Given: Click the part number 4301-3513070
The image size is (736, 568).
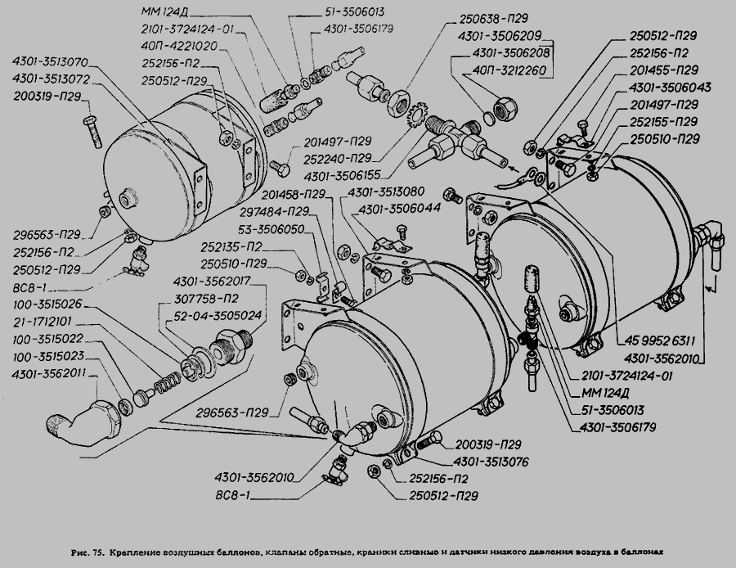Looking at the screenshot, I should point(54,62).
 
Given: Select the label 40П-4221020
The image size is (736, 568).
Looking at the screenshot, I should point(177,46).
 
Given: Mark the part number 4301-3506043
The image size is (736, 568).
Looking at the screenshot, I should point(671,88).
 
